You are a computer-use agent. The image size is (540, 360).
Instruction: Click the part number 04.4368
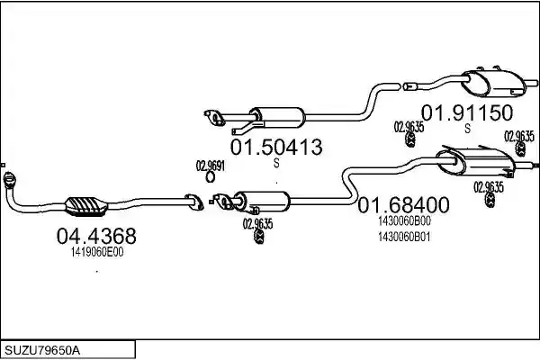[96, 236]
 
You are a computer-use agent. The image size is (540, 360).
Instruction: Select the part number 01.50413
[276, 147]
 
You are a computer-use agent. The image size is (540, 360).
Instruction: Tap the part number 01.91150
[467, 112]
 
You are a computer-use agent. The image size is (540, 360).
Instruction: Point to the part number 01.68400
[403, 205]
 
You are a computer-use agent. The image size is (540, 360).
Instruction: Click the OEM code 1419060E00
[97, 252]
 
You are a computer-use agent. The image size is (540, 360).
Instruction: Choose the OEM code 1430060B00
[404, 220]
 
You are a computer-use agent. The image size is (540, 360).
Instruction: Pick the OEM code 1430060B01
[404, 237]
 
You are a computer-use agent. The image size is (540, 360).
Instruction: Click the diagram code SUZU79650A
[42, 350]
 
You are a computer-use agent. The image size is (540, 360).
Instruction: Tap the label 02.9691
[210, 166]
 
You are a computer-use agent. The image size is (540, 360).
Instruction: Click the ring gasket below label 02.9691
[210, 177]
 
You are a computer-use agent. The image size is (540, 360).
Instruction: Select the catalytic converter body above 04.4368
[86, 206]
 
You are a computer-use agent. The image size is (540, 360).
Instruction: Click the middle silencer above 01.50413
[277, 117]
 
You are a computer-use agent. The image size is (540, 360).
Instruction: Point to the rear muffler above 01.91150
[493, 84]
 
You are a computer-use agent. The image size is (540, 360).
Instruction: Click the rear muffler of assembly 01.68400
[475, 162]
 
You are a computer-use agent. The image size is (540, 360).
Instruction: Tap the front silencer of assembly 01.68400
[262, 202]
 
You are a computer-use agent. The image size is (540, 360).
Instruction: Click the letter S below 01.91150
[467, 129]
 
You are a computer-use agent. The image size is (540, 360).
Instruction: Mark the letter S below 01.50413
[276, 163]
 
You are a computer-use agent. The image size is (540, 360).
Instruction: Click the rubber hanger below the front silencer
[259, 237]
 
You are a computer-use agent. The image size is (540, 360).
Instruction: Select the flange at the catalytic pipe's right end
[193, 202]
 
